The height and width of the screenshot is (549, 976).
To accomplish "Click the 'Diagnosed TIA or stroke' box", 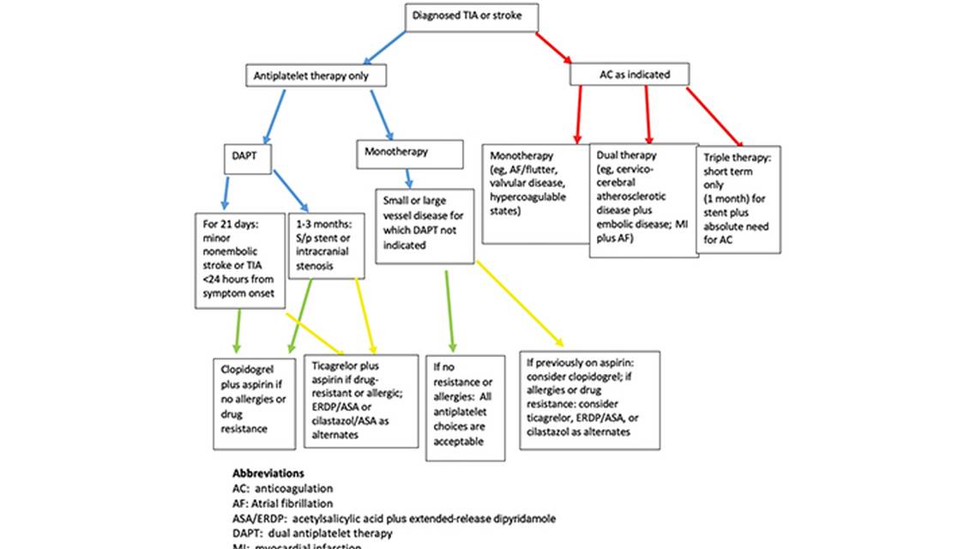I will (473, 17).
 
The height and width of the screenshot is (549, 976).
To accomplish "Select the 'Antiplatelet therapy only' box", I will (316, 75).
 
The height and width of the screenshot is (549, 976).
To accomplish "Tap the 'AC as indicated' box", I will (631, 75).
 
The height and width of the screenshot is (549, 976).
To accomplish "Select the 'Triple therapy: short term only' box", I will (740, 200).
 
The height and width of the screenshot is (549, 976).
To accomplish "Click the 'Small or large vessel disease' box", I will (425, 226).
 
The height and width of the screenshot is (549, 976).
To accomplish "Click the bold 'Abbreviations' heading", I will (268, 473).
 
